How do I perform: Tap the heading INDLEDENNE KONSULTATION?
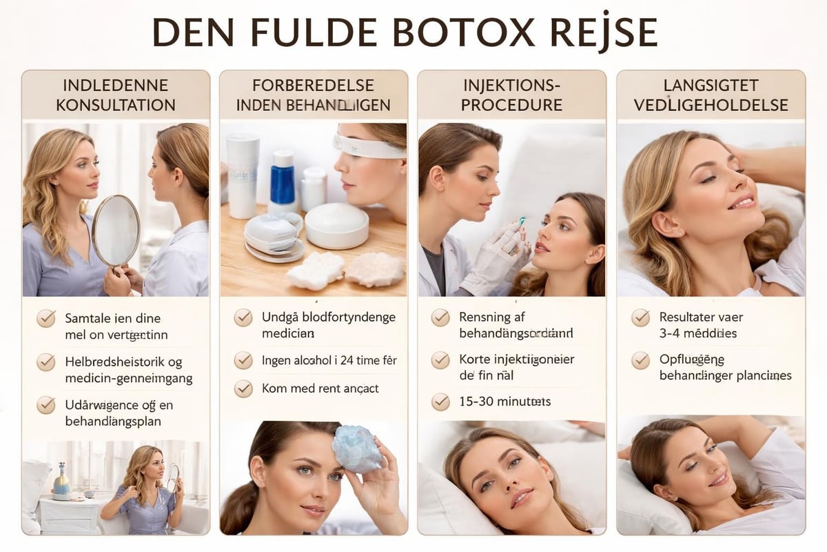click(116, 95)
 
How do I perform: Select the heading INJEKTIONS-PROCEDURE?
click(511, 95)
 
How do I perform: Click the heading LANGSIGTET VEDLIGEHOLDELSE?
click(711, 95)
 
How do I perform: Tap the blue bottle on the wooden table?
click(283, 181)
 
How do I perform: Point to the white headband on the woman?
click(369, 146)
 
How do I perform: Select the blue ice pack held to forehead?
click(356, 448)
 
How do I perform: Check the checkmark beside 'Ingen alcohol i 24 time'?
click(243, 361)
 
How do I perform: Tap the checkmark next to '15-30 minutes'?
click(440, 402)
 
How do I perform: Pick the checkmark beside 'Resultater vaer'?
click(640, 318)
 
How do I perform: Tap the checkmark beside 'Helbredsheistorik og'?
click(46, 362)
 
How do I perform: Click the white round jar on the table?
click(336, 226)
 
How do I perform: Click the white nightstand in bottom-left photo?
click(68, 513)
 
